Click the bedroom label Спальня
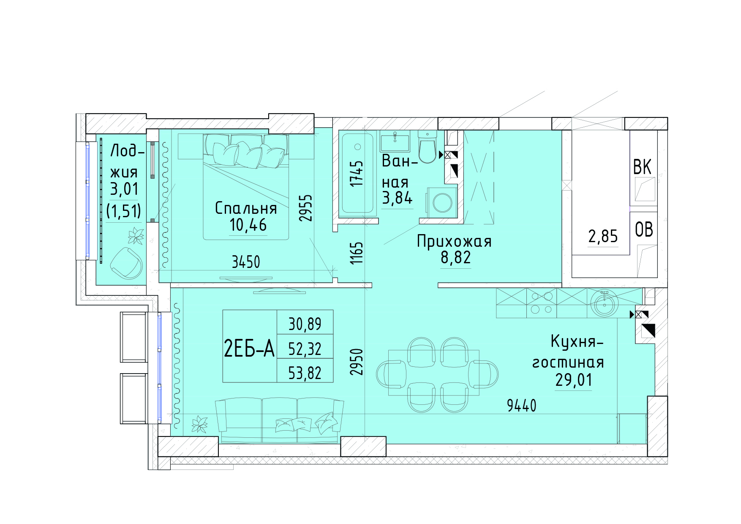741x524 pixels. [x=246, y=208]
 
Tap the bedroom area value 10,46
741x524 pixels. [x=248, y=225]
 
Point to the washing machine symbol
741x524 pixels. [x=442, y=202]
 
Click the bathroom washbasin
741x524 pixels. [x=395, y=141]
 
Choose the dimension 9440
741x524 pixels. [x=521, y=406]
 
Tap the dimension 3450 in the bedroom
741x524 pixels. [x=246, y=262]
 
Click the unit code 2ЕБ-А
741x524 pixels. [x=249, y=349]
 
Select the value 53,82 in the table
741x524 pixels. [x=305, y=373]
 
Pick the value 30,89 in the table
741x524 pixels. [x=305, y=324]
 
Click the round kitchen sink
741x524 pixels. [x=605, y=303]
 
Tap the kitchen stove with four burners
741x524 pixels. [x=542, y=303]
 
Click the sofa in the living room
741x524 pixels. [x=279, y=420]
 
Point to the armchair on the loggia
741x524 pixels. [x=126, y=263]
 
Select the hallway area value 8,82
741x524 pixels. [x=455, y=257]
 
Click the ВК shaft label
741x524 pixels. [x=642, y=167]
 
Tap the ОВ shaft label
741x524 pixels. [x=644, y=229]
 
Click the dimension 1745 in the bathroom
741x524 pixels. [x=356, y=173]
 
